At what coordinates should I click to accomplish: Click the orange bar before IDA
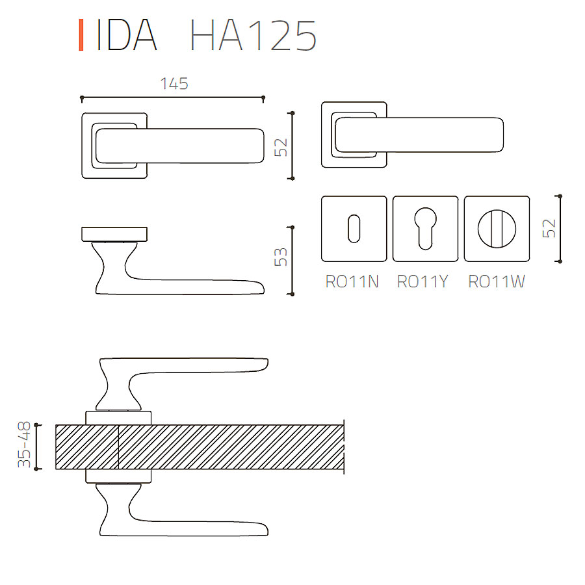point(81,34)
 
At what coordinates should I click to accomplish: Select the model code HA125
point(253,35)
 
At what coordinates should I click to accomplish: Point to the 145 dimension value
point(174,84)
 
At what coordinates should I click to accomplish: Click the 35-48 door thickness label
point(24,445)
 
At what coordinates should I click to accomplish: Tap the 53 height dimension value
point(281,257)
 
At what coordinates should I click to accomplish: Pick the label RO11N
point(352,281)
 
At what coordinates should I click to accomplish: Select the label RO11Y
point(422,281)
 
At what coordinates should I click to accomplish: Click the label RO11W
point(497,281)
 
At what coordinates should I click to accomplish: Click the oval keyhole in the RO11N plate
point(354,229)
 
